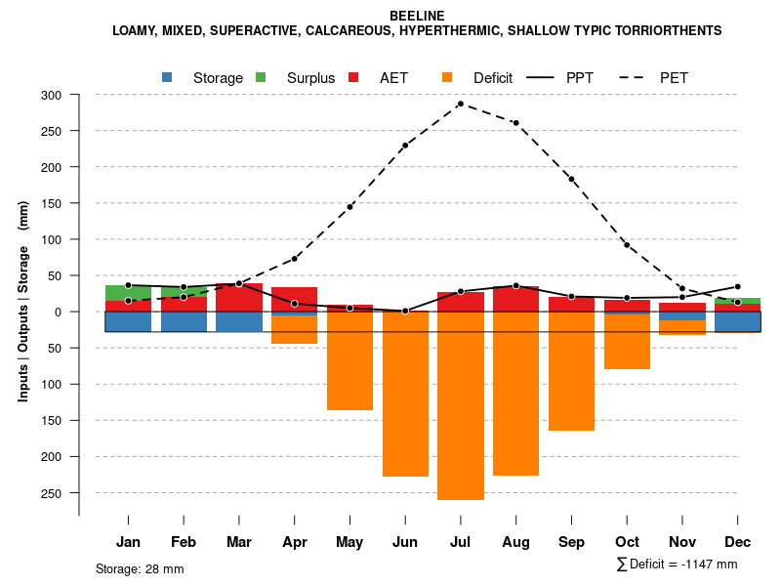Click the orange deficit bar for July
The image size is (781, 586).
point(461,405)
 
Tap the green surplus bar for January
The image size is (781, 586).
point(128,293)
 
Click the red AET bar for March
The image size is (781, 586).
point(239,298)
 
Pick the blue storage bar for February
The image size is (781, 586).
point(184,321)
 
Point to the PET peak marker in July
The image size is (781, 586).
point(461,104)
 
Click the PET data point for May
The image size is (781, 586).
point(349,207)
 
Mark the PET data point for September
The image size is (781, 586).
point(571,179)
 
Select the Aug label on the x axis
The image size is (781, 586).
point(515,542)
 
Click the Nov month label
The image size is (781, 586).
point(682,542)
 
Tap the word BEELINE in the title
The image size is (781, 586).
point(417,16)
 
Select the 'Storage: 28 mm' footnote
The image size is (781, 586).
point(140,568)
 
